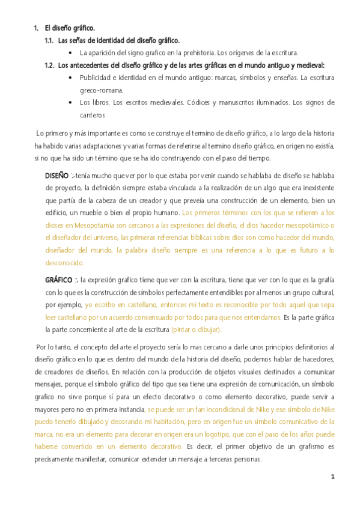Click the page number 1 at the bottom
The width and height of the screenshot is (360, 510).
[x=332, y=476]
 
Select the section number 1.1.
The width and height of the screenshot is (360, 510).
[x=50, y=41]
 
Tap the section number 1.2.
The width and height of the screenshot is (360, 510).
[x=50, y=65]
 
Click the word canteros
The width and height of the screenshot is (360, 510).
[x=93, y=115]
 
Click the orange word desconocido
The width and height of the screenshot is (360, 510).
[x=65, y=263]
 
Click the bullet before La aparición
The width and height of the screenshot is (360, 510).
[x=72, y=53]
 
